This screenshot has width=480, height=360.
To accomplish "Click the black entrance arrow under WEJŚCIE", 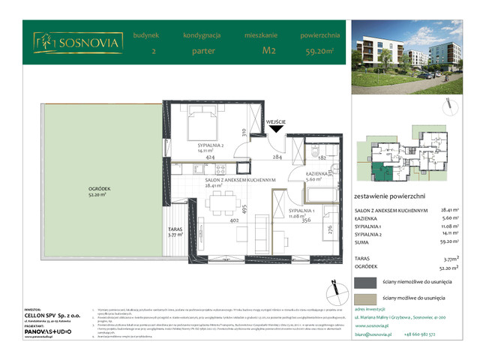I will coord(277,129).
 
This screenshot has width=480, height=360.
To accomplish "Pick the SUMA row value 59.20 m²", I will coord(448,242).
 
